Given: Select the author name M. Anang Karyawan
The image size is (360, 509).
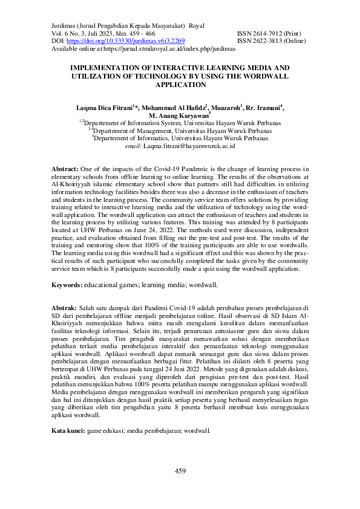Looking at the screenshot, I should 181,115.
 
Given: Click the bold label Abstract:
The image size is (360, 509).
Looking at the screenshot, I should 65,169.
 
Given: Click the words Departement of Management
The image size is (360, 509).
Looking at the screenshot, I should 136,131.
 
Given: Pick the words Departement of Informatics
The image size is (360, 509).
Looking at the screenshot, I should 134,138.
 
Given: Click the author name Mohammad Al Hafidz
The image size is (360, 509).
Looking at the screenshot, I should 174,108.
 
